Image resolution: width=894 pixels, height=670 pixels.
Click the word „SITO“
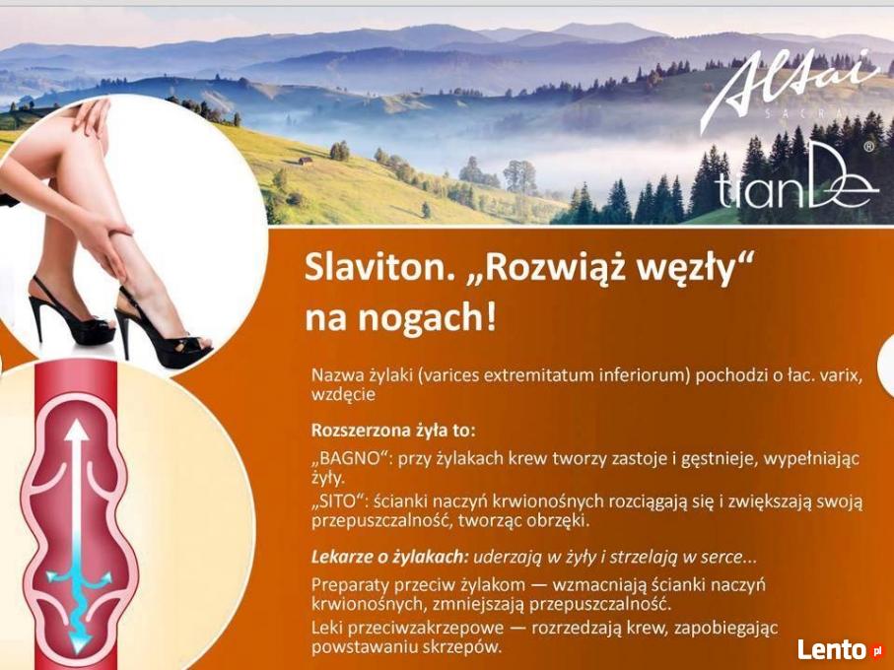pyautogui.click(x=337, y=502)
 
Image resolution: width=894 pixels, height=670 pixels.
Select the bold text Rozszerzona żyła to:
pyautogui.click(x=393, y=430)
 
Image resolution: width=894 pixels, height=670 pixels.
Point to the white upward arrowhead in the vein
pyautogui.click(x=76, y=432)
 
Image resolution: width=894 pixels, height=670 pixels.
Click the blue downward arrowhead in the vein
pyautogui.click(x=78, y=641)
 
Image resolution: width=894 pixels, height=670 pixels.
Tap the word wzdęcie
pyautogui.click(x=343, y=395)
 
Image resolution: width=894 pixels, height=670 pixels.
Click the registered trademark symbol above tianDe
pyautogui.click(x=869, y=147)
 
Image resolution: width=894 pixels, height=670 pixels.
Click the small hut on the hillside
pyautogui.click(x=305, y=161)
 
